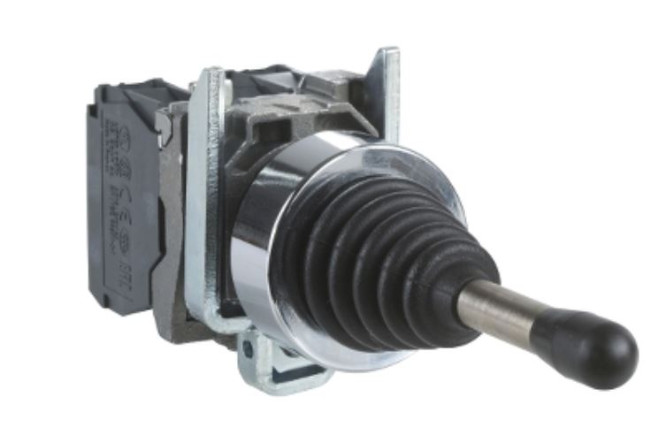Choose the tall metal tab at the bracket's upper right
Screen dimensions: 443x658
tap(386, 88)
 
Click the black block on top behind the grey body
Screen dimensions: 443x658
tap(256, 80)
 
